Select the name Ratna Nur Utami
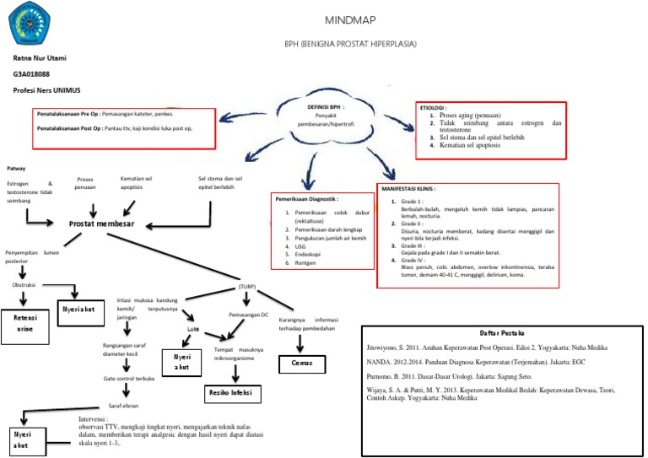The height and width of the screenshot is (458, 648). pyautogui.click(x=40, y=58)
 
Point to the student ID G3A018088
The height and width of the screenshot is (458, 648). pyautogui.click(x=32, y=74)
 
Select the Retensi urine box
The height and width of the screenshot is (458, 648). pyautogui.click(x=25, y=325)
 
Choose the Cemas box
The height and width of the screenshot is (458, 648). pyautogui.click(x=302, y=364)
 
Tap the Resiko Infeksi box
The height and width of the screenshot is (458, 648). pyautogui.click(x=230, y=394)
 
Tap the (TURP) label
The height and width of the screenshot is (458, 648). pyautogui.click(x=247, y=287)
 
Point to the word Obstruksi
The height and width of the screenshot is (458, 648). pyautogui.click(x=26, y=285)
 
